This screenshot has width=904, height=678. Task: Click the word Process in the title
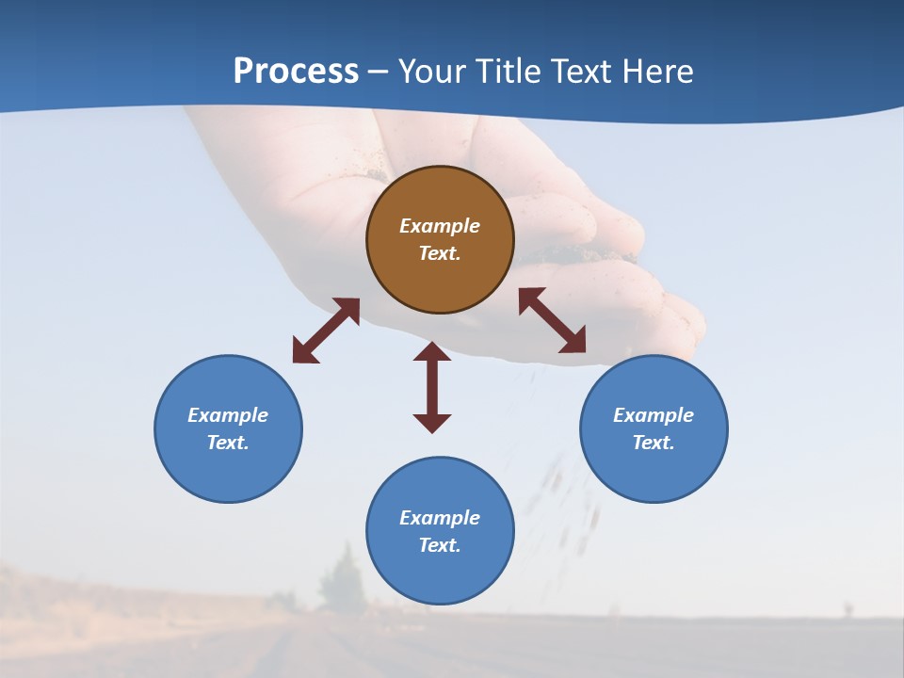click(x=296, y=72)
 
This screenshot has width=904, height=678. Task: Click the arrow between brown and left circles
click(x=326, y=331)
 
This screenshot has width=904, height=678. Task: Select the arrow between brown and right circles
click(x=553, y=320)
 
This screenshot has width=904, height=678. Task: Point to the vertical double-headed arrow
click(x=432, y=387)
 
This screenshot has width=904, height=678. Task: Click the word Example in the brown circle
click(x=440, y=226)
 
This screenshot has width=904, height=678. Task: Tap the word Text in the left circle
click(x=228, y=443)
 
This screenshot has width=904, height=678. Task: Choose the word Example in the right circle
click(x=654, y=415)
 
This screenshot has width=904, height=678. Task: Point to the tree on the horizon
click(x=342, y=579)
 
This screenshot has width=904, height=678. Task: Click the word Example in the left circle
click(x=228, y=415)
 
